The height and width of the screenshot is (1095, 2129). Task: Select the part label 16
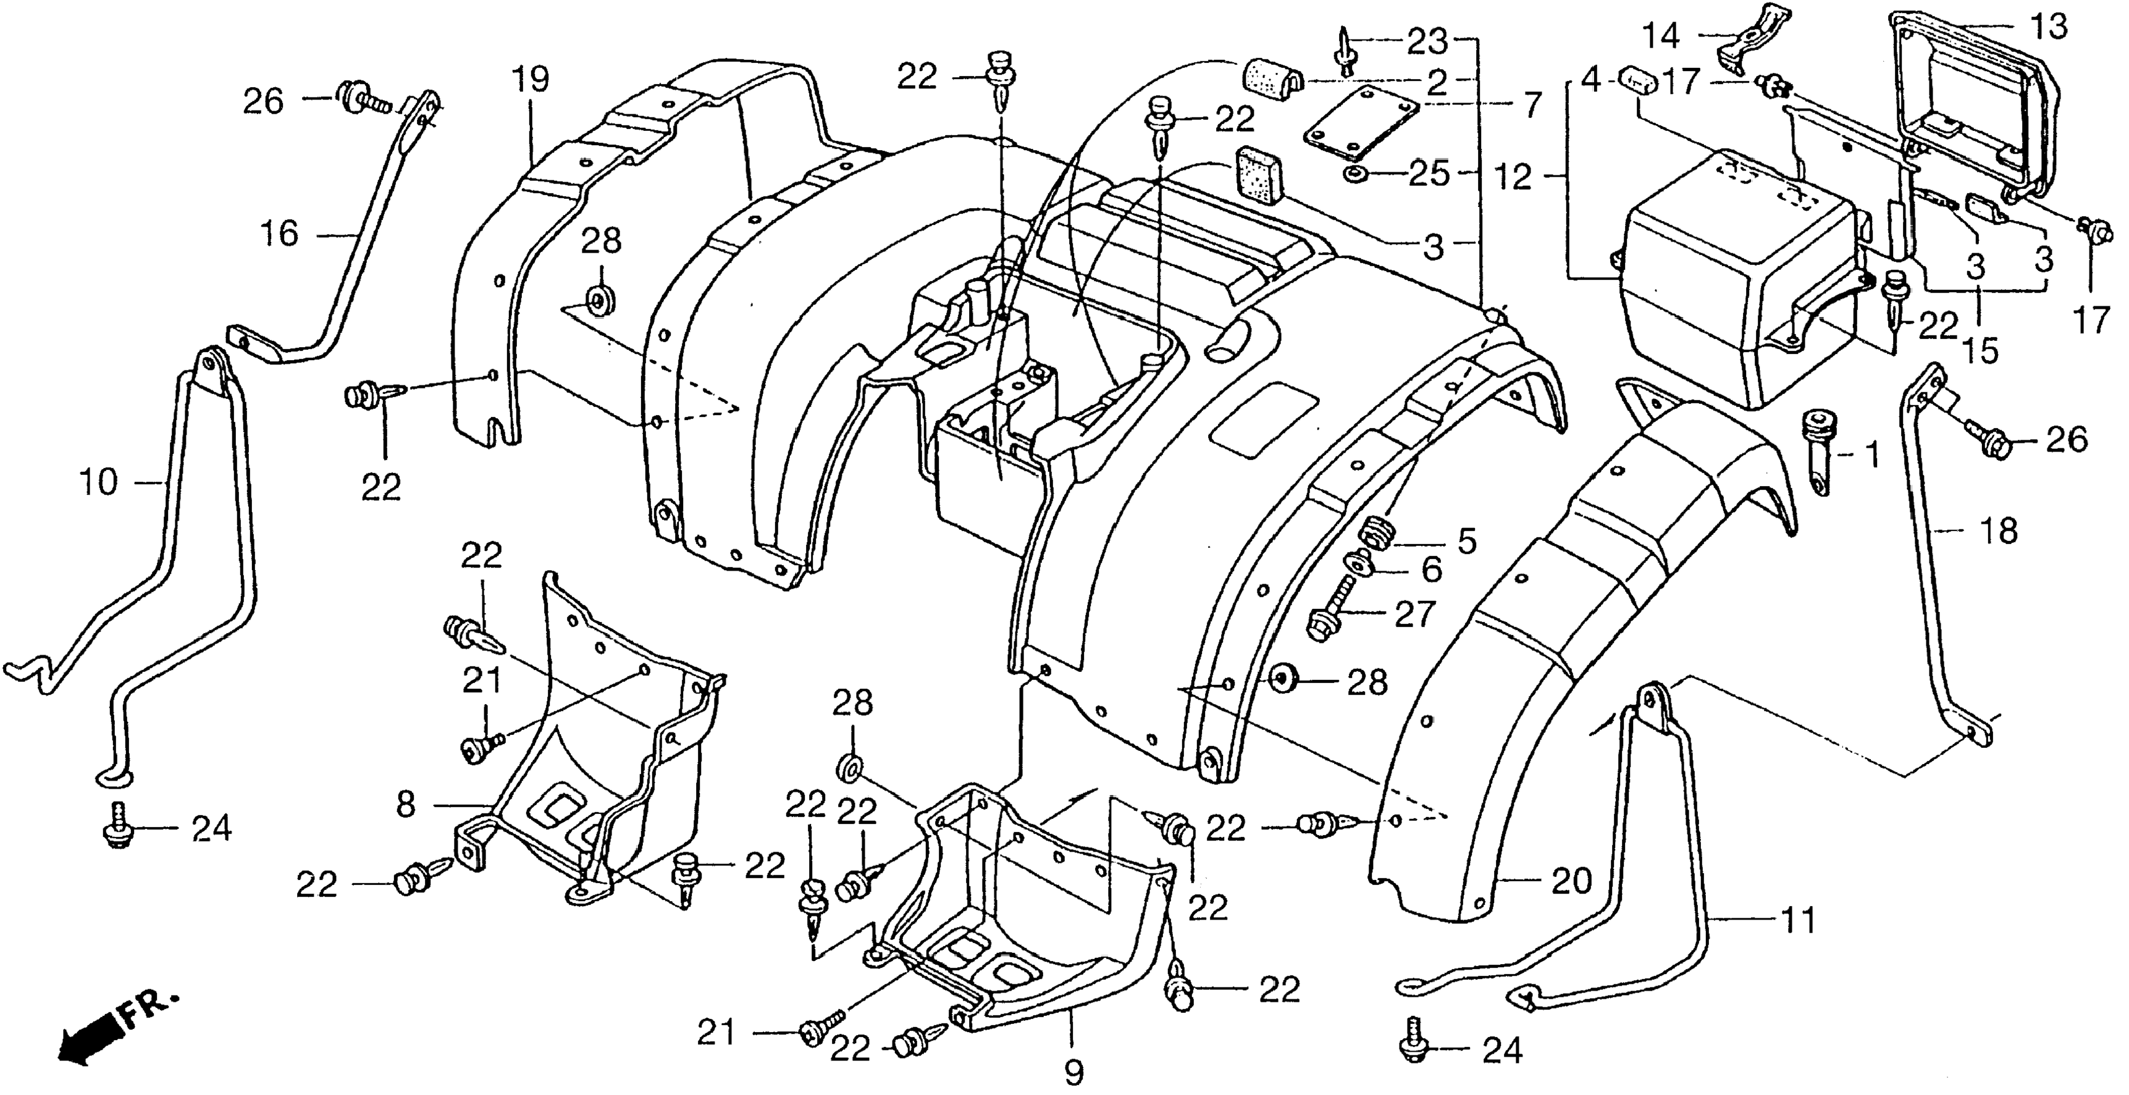[x=279, y=234]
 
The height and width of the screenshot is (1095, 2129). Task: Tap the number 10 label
[x=98, y=482]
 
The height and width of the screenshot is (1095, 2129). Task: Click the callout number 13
[x=2048, y=27]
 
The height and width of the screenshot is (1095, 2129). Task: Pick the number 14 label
[x=1660, y=36]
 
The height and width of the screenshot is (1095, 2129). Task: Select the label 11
[x=1797, y=919]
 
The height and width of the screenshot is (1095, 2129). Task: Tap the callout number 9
[x=1072, y=1073]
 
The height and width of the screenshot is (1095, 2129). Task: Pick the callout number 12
[x=1514, y=176]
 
